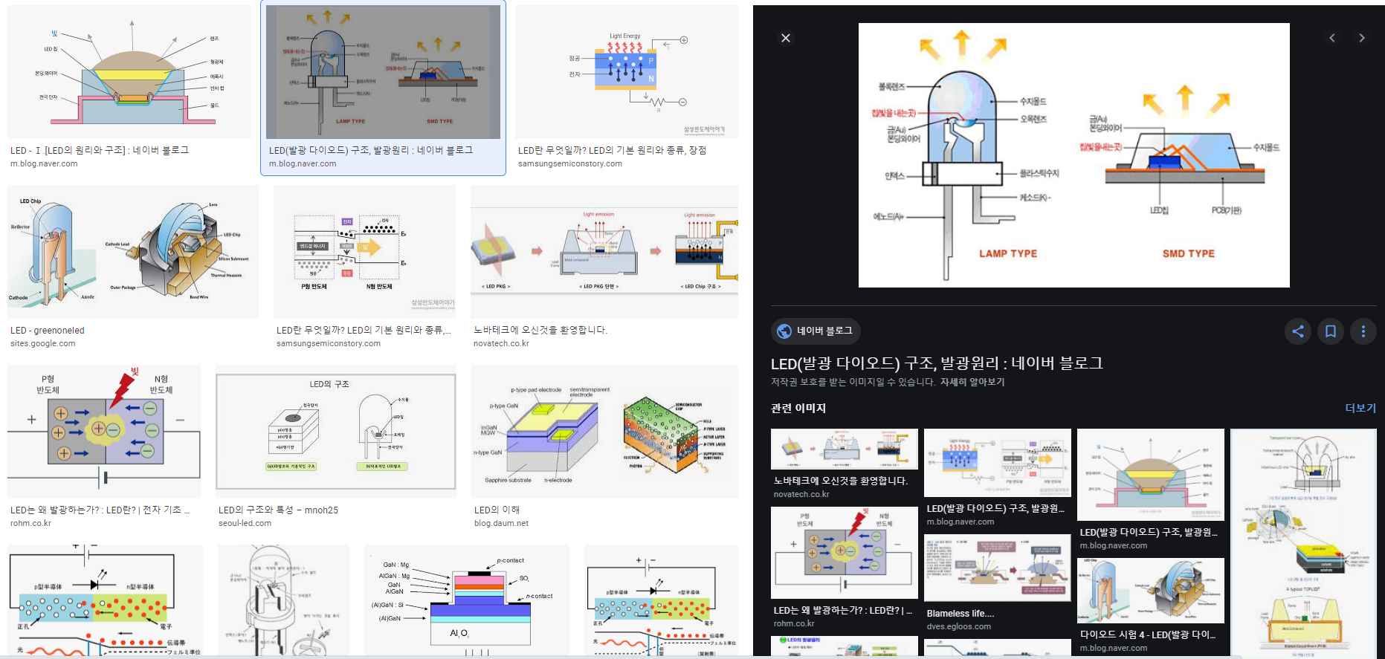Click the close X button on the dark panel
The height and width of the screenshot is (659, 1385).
[x=786, y=38]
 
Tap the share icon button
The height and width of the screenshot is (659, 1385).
[x=1298, y=331]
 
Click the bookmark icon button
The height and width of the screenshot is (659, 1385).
[x=1331, y=331]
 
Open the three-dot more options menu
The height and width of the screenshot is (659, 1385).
[x=1363, y=331]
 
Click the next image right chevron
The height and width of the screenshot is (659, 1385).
[x=1361, y=38]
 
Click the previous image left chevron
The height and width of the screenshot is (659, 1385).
[x=1332, y=38]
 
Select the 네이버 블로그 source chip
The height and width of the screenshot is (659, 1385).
[x=816, y=331]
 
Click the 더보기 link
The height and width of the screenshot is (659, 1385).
[x=1360, y=408]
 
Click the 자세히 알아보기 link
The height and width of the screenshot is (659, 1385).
[x=972, y=382]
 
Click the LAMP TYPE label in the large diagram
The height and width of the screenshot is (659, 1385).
[x=1007, y=253]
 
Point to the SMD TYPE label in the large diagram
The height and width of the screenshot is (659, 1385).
[x=1188, y=253]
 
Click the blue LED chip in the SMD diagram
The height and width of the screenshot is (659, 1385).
[x=1160, y=161]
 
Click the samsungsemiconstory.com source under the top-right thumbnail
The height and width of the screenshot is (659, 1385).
[x=569, y=163]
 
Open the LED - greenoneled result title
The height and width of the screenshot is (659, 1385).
[x=48, y=331]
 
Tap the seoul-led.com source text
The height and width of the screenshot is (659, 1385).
[x=245, y=523]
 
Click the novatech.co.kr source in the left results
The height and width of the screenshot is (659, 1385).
[x=501, y=343]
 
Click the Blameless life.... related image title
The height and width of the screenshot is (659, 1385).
[x=960, y=613]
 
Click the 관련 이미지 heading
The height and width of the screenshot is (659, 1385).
[x=798, y=408]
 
